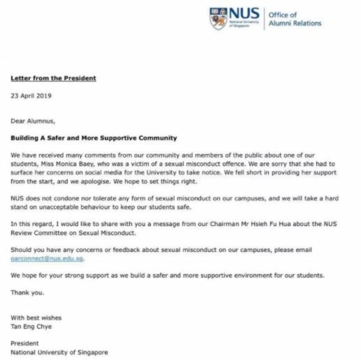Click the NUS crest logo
point(218,18)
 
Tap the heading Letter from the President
point(53,78)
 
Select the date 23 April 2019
point(31,96)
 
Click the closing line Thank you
point(28,292)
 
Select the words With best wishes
point(36,318)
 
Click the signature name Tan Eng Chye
point(32,326)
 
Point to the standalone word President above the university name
point(25,343)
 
